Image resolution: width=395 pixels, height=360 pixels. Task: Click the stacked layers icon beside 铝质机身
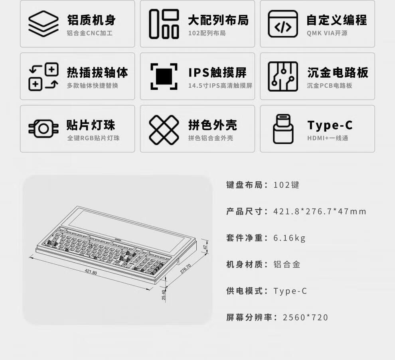(43, 24)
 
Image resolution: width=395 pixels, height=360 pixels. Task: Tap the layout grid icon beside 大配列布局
(164, 24)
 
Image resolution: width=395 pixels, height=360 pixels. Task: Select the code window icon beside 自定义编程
(283, 24)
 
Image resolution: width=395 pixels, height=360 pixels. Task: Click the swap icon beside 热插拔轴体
(43, 77)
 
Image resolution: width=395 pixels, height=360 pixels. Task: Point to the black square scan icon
(164, 76)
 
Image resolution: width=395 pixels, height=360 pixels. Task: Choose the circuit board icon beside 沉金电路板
(283, 76)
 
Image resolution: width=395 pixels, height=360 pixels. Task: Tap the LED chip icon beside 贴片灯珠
(43, 129)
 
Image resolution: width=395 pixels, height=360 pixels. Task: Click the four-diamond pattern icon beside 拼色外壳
(164, 130)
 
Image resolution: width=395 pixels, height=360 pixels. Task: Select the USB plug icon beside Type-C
(283, 129)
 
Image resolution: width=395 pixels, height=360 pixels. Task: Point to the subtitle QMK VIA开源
(327, 33)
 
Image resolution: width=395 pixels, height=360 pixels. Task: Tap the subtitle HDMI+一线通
(328, 138)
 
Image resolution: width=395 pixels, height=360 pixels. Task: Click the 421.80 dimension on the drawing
(91, 272)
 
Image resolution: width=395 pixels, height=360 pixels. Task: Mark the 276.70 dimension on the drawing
(186, 268)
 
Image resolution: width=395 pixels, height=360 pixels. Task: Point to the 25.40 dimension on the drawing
(164, 295)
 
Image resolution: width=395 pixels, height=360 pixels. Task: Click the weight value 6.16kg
(289, 238)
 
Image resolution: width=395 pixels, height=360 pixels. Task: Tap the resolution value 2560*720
(305, 317)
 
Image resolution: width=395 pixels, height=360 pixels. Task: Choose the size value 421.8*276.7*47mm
(320, 211)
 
